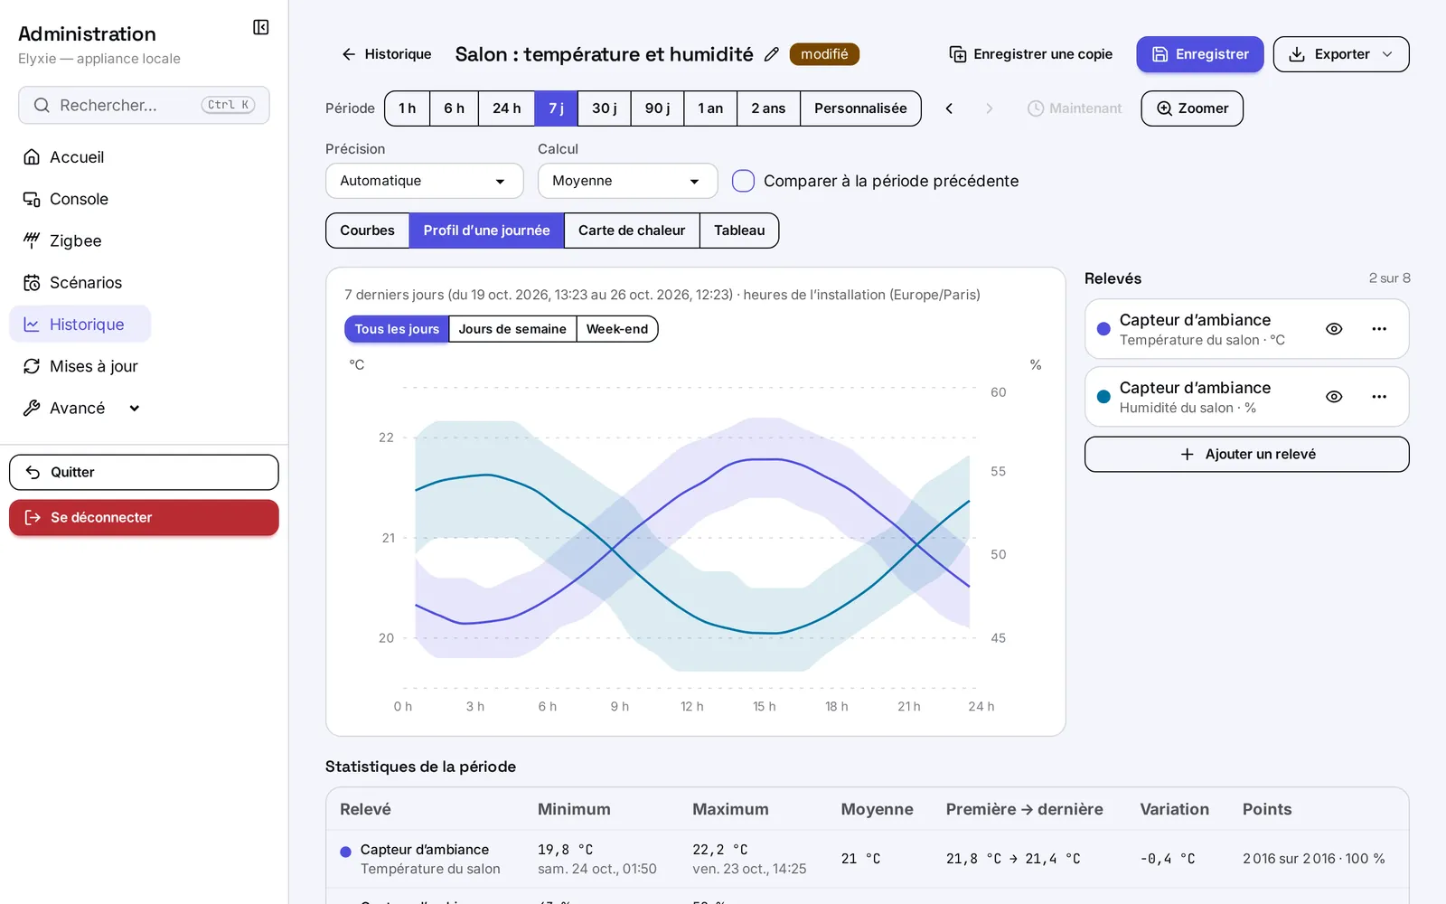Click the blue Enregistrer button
pos(1199,54)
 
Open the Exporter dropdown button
pos(1341,54)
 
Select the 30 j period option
pos(605,108)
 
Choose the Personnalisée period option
pos(859,108)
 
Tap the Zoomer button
pos(1192,108)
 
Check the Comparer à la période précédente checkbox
pos(743,181)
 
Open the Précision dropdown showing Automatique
pos(424,181)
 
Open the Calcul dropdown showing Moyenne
pos(627,181)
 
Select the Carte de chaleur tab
pos(632,231)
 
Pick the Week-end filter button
pos(617,329)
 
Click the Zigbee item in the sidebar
pos(75,240)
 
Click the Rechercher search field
pos(144,105)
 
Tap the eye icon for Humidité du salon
pos(1334,397)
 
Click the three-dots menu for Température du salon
pos(1379,329)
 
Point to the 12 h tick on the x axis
pos(692,706)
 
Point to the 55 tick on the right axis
pos(998,471)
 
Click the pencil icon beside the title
pos(772,54)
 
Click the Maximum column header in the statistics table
pos(730,809)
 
